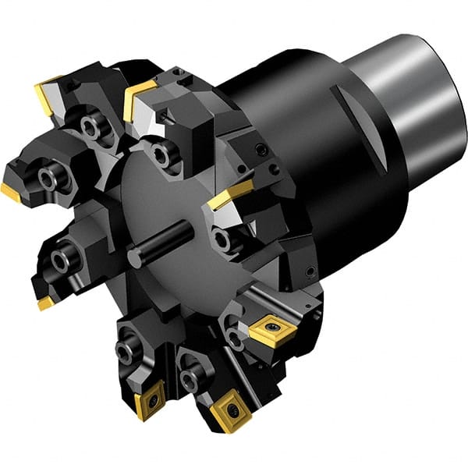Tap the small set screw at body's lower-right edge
click(311, 271)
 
